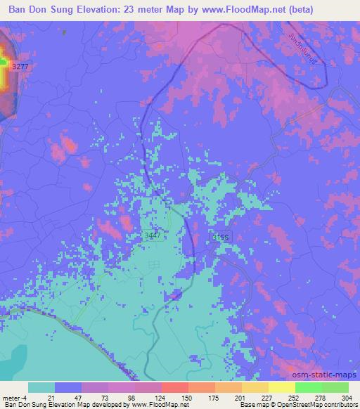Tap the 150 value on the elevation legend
[188, 397]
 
